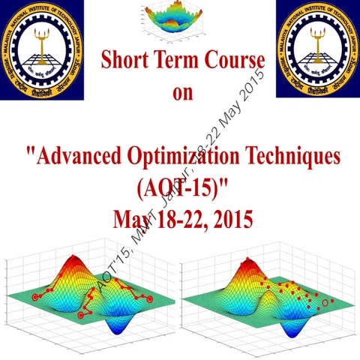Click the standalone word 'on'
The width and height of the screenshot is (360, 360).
coord(180,94)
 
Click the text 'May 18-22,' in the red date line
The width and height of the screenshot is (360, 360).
coord(153,219)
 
